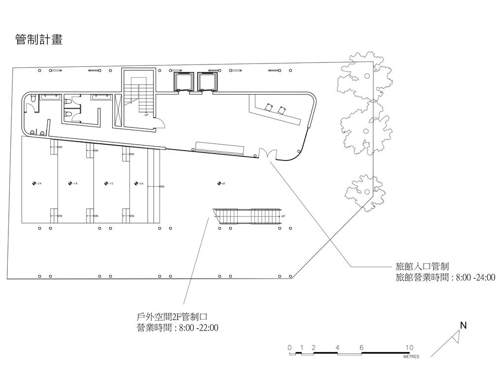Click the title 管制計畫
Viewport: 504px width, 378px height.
(39, 39)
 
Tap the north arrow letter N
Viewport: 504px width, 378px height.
(463, 325)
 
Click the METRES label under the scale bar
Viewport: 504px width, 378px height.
(411, 357)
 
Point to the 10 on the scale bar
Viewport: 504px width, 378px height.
(409, 347)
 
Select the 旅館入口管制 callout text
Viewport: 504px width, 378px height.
(422, 267)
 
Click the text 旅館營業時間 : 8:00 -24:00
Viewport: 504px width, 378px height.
(445, 278)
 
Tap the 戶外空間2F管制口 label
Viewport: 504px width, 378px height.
(175, 317)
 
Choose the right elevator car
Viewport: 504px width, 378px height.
(206, 81)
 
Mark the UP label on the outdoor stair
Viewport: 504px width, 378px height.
(283, 216)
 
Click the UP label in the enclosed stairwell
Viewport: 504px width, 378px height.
(146, 115)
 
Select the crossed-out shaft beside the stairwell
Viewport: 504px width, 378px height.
(118, 110)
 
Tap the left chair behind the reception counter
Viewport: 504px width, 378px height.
(269, 106)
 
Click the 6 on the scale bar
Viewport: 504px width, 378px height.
(361, 347)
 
